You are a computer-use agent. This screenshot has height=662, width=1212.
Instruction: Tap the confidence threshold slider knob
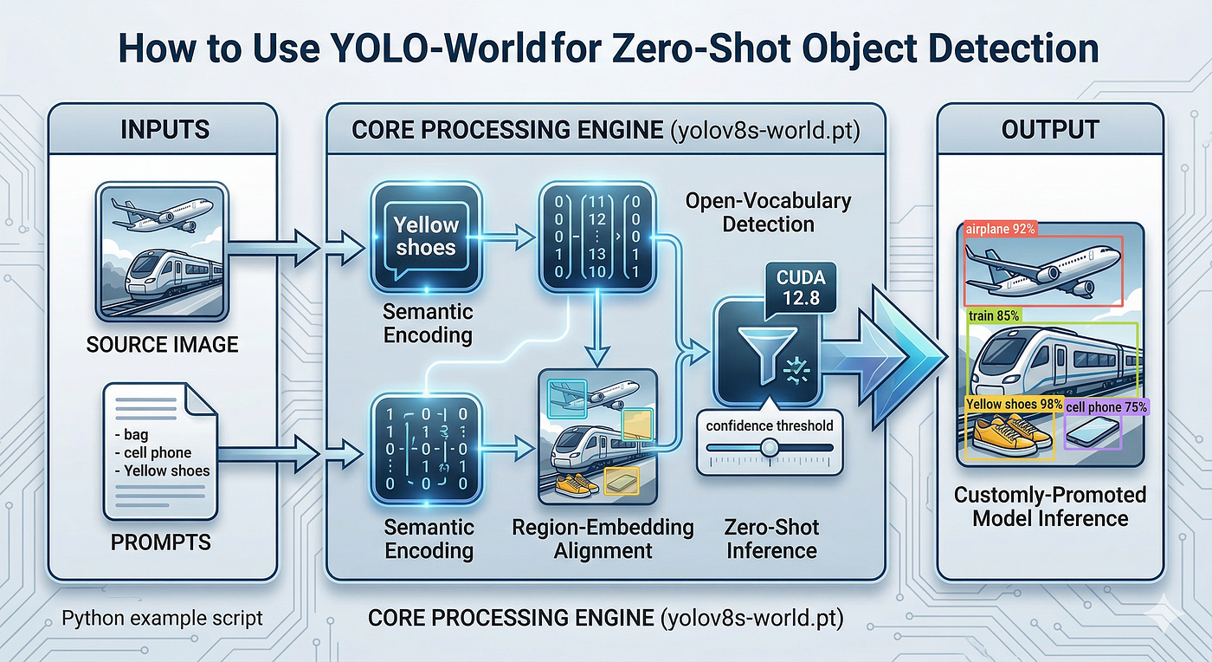point(769,448)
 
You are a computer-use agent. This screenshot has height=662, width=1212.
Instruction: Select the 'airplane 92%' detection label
point(1001,229)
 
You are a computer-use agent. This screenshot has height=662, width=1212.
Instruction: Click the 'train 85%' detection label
point(994,315)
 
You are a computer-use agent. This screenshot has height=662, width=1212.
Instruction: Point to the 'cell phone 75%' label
point(1106,407)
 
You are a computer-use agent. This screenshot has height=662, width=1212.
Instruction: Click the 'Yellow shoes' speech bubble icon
point(426,237)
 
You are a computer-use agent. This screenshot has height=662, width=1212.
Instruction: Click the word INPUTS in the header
point(164,130)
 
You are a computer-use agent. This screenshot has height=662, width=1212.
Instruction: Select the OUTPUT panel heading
point(1049,130)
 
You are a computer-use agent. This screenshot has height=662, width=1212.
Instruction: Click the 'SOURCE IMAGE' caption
point(163,345)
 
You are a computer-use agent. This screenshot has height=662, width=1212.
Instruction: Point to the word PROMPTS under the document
point(161,542)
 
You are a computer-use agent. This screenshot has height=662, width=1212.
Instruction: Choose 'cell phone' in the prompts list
point(158,452)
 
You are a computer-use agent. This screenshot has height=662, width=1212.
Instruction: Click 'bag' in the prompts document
point(136,434)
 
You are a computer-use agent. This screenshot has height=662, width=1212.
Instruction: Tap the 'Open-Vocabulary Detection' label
point(769,212)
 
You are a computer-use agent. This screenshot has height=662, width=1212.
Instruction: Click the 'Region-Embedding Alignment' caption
point(603,539)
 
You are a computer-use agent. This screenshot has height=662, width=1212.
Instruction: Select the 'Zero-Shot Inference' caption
point(771,539)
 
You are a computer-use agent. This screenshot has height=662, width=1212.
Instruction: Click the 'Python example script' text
point(162,618)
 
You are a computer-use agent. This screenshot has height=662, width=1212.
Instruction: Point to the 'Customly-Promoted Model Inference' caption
point(1049,507)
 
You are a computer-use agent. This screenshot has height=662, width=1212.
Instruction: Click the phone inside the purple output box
point(1093,432)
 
